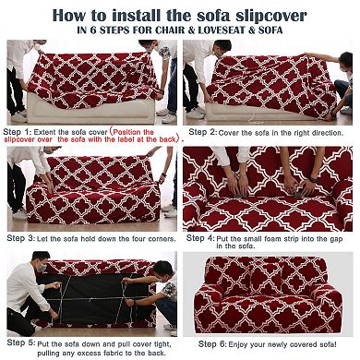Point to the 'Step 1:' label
24,131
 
